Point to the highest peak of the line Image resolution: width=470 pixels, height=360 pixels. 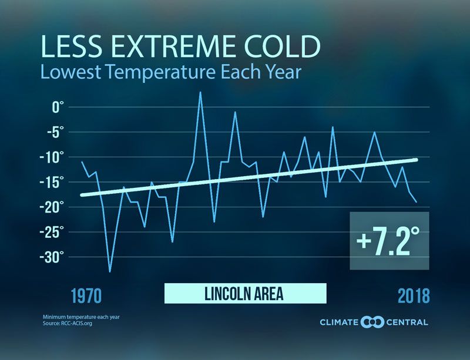tap(200, 92)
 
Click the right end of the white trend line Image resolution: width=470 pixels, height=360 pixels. tap(417, 160)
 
